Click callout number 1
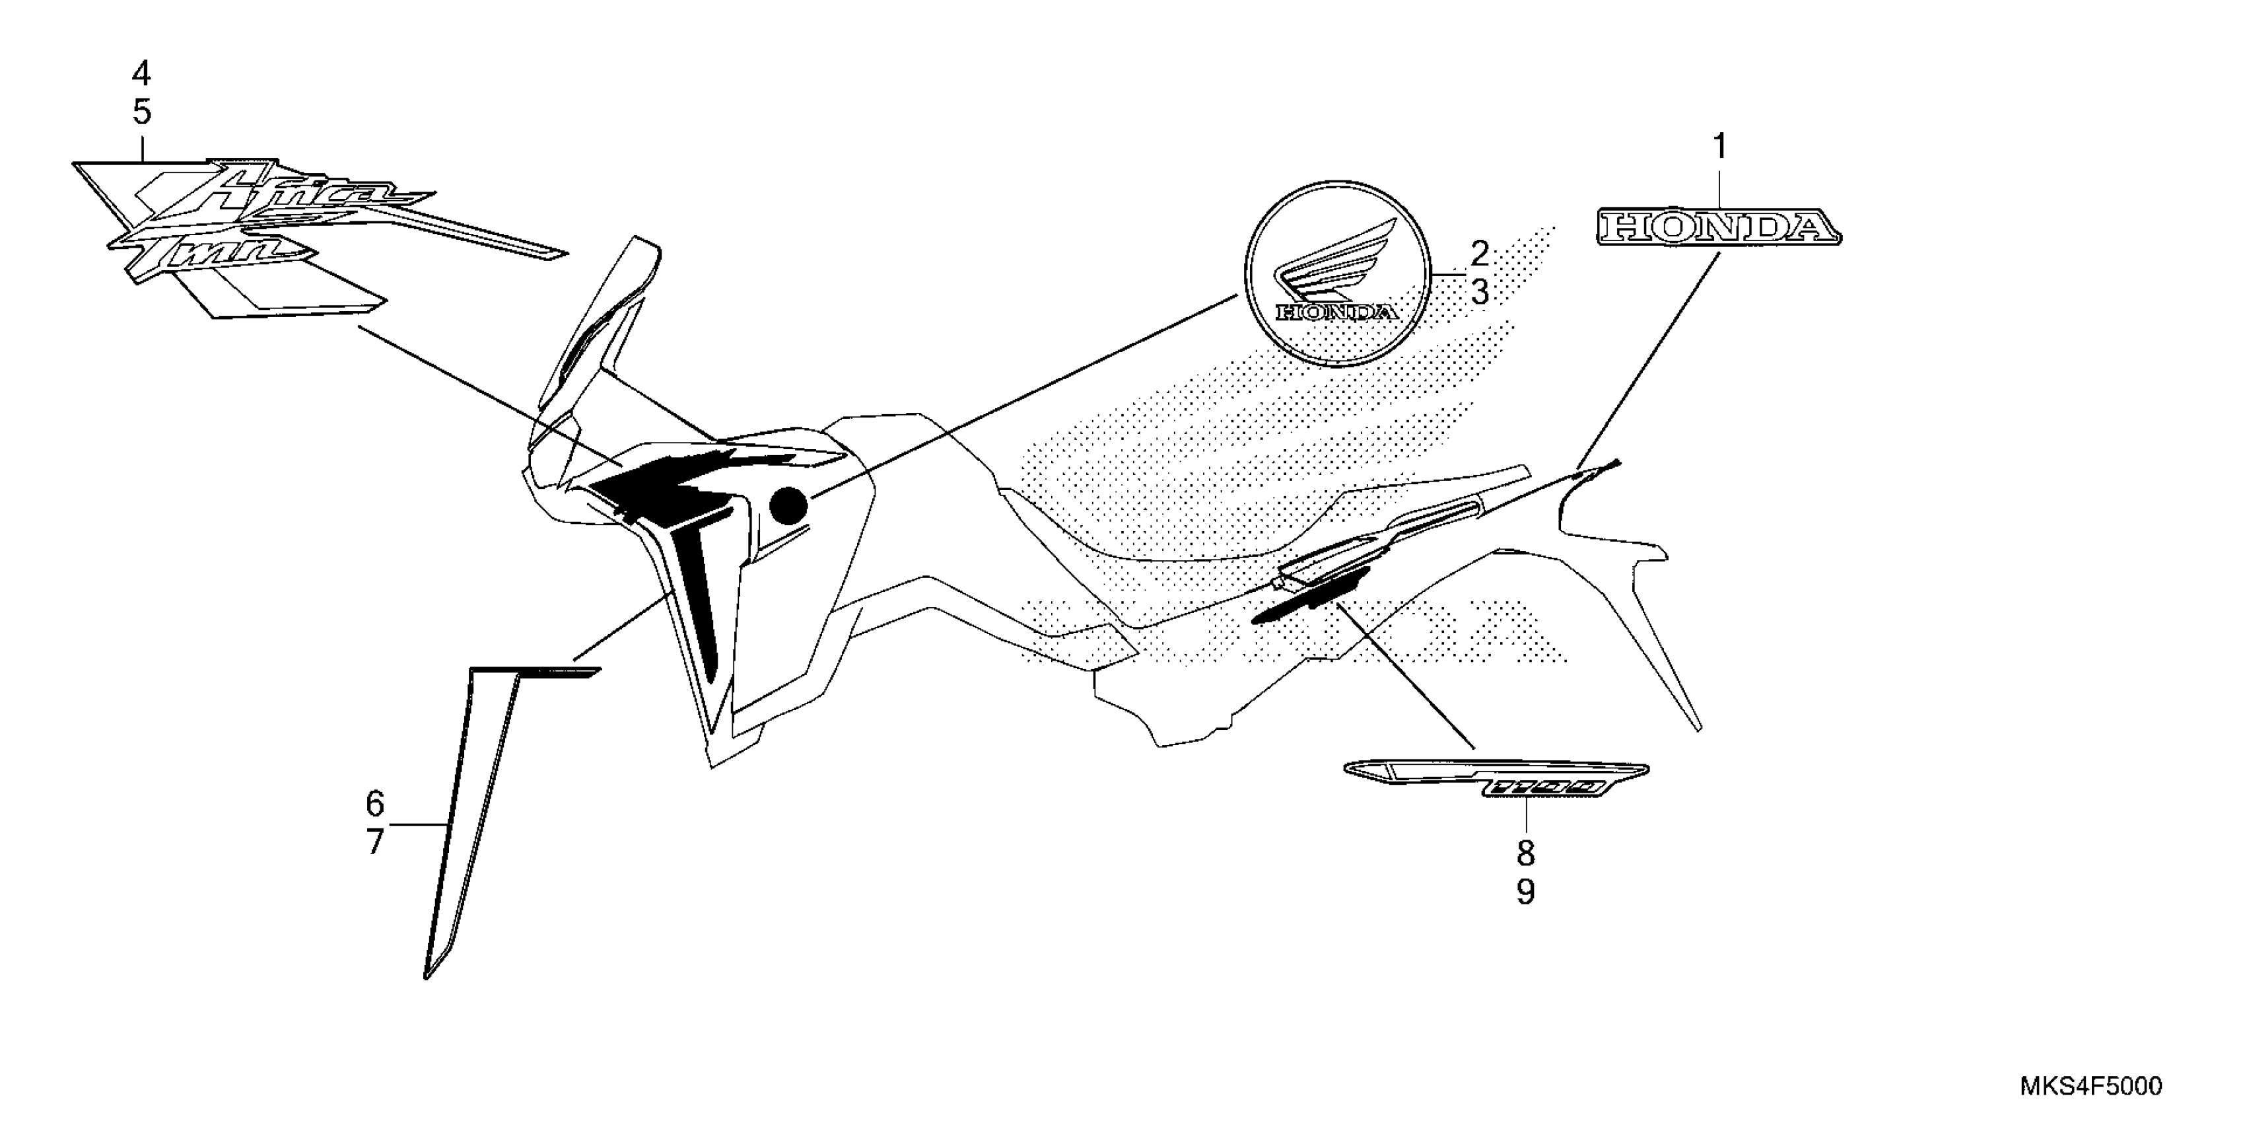pos(1719,147)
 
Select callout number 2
pos(1480,254)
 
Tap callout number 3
pos(1480,292)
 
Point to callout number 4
pos(141,74)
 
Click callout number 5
pos(141,112)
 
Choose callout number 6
pos(375,802)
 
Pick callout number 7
pos(375,842)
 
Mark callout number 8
pos(1525,853)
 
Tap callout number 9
pos(1525,892)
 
